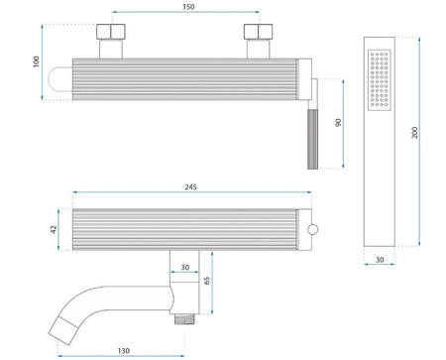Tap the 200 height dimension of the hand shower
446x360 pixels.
[x=429, y=133]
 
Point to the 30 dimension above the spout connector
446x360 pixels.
[x=184, y=265]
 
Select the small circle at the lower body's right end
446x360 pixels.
[x=314, y=230]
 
